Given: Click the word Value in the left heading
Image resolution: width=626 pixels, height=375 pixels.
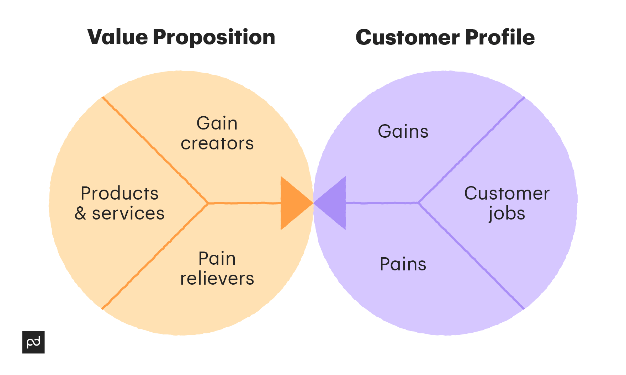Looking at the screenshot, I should click(x=117, y=37).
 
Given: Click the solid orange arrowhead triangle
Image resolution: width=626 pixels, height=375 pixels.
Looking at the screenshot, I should click(x=293, y=203).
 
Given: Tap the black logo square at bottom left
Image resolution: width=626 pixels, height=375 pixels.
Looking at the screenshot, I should click(x=33, y=342).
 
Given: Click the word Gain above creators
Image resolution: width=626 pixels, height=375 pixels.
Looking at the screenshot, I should click(x=217, y=123).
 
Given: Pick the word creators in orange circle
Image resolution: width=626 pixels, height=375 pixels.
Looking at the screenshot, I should click(x=217, y=143).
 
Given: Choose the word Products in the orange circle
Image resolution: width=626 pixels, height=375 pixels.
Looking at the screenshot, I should click(x=120, y=194).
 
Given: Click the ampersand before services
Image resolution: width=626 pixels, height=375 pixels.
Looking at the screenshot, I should click(x=80, y=213).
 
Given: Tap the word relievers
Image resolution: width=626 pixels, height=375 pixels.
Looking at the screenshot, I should click(x=217, y=278).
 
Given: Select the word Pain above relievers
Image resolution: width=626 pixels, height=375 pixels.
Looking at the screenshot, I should click(x=217, y=258).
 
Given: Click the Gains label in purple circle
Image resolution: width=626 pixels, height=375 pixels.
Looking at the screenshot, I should click(x=403, y=131).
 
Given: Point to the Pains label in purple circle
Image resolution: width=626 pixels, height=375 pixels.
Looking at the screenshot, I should click(x=403, y=264).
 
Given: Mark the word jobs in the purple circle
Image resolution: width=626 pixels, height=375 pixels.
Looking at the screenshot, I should click(x=507, y=214).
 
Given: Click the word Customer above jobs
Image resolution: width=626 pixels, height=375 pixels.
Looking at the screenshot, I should click(x=507, y=194).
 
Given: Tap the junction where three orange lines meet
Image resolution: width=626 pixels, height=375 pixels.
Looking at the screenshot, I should click(x=208, y=203).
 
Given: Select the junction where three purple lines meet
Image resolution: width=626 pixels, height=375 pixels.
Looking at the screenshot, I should click(x=419, y=203).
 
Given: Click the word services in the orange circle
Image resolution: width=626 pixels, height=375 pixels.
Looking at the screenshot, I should click(x=128, y=213).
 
